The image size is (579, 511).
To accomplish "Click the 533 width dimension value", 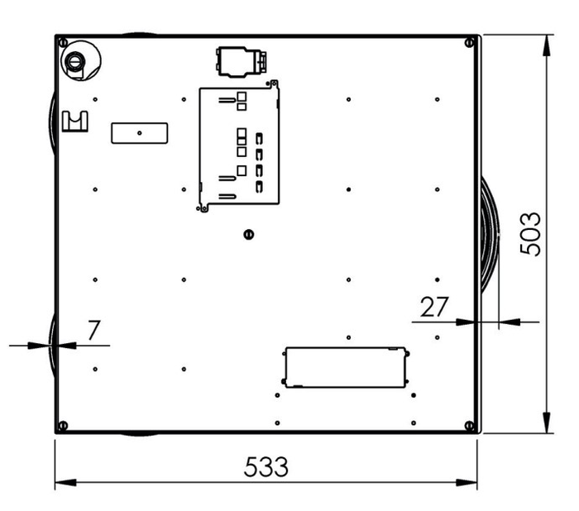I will [266, 467].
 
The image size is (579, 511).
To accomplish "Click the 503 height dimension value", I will [529, 234].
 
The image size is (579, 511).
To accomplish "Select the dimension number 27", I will [434, 307].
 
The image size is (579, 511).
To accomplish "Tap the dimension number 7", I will [94, 330].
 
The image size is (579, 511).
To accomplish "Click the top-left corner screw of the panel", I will [62, 41].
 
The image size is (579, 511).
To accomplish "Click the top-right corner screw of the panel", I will [470, 41].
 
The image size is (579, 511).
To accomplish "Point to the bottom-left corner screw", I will [62, 426].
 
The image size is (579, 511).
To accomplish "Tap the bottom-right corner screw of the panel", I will [470, 426].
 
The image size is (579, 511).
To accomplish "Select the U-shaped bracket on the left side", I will [77, 122].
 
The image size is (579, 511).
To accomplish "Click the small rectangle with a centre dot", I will [140, 132].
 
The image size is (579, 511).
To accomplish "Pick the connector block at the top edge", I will [240, 60].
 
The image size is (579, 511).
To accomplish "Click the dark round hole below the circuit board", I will [247, 233].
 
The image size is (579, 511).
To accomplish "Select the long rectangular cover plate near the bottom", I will [346, 366].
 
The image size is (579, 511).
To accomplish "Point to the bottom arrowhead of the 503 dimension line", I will [548, 421].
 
